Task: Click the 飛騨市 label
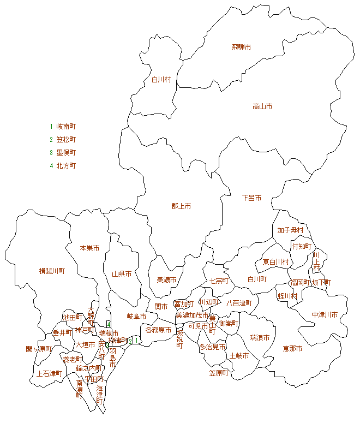tap(241, 47)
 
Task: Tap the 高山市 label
tap(262, 106)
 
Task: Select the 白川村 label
tap(161, 80)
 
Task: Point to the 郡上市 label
tap(181, 206)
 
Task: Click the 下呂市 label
tap(251, 198)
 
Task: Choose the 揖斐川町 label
tap(52, 271)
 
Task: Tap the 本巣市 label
tap(89, 248)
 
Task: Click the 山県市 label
tap(122, 274)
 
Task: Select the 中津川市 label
tap(325, 315)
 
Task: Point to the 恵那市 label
tap(292, 348)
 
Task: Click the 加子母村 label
tap(290, 230)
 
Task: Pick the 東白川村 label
tap(275, 262)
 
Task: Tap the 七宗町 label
tap(219, 281)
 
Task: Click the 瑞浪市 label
tap(260, 338)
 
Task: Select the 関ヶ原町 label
tap(38, 349)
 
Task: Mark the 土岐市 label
tap(239, 356)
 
